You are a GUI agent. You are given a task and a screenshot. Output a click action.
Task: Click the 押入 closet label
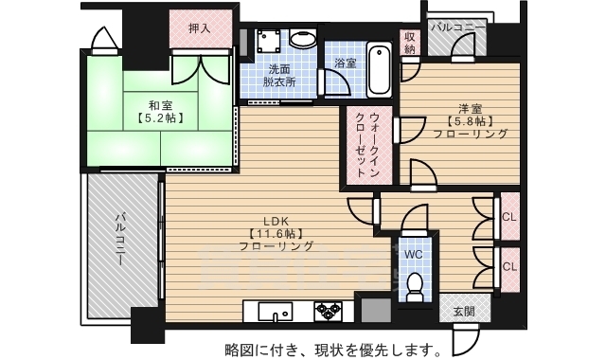click(x=199, y=29)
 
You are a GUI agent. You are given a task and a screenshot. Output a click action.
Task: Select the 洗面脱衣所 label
click(x=280, y=76)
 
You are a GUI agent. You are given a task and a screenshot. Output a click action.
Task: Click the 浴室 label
click(x=345, y=63)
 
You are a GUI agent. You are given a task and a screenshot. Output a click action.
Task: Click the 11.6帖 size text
click(x=276, y=232)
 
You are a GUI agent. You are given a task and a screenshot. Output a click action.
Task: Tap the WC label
click(x=414, y=255)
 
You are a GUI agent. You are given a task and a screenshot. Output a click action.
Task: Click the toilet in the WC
click(x=414, y=285)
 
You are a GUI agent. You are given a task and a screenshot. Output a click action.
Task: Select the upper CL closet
click(x=508, y=218)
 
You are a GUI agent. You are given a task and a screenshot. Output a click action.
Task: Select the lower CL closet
click(x=508, y=266)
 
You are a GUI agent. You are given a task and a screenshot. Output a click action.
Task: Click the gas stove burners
click(x=328, y=311)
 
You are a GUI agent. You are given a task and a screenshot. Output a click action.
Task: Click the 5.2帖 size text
click(x=158, y=119)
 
